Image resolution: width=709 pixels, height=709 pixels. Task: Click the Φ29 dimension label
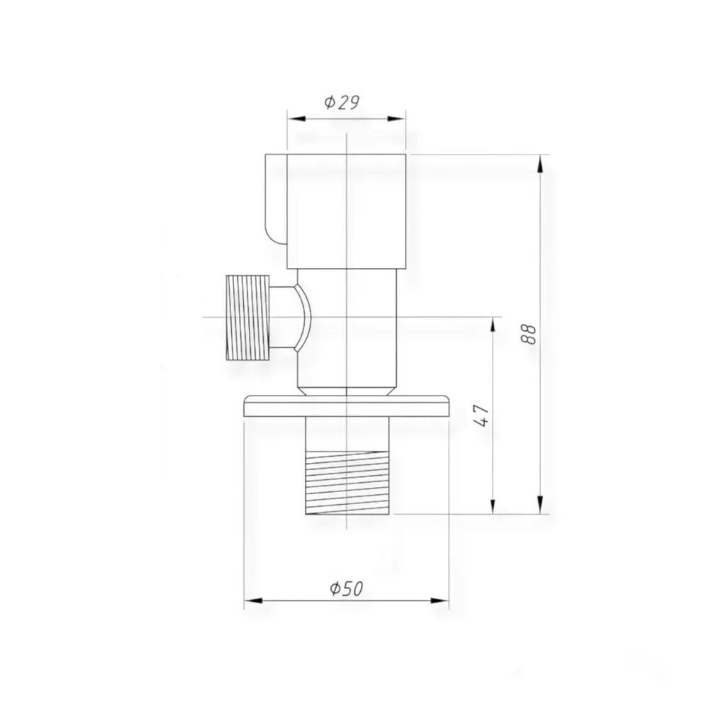point(342,103)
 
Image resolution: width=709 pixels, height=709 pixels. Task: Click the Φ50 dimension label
point(347,588)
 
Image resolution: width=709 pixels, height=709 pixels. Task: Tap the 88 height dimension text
point(529,334)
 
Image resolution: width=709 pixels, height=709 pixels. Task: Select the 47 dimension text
point(481,415)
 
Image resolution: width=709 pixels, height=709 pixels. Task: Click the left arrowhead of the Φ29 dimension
point(296,119)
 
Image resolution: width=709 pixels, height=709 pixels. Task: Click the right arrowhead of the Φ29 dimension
point(396,119)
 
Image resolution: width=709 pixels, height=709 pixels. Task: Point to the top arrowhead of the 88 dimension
point(540,164)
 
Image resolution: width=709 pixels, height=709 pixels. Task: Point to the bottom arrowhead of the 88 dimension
point(540,505)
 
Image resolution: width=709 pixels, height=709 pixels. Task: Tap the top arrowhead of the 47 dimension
point(493,326)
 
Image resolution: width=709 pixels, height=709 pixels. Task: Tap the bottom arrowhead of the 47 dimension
point(493,505)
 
